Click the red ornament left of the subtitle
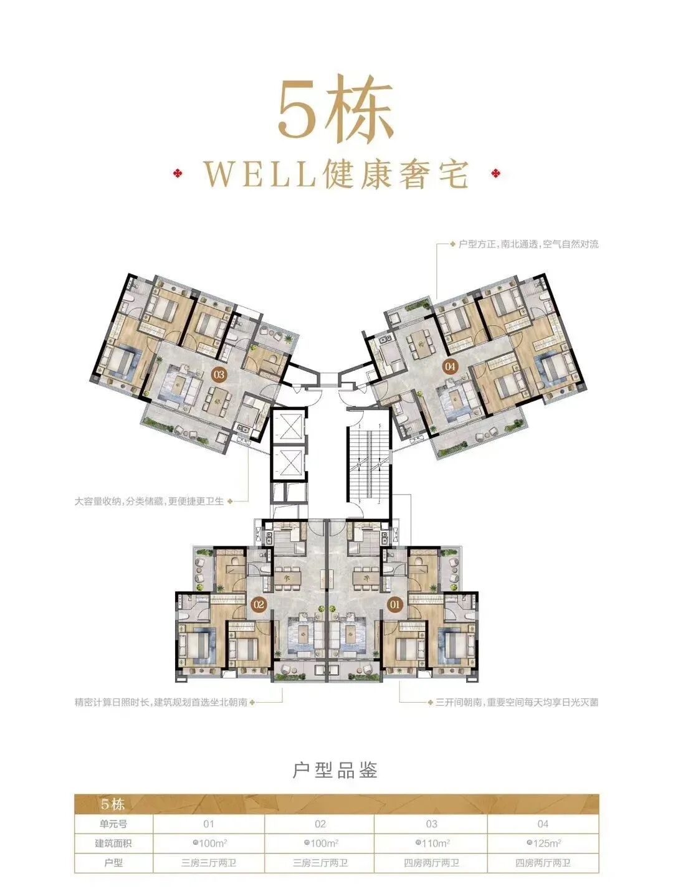point(179,173)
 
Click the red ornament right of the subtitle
point(497,173)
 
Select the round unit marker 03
point(219,375)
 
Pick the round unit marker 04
point(451,366)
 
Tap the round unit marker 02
point(259,604)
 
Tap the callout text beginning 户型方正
point(528,244)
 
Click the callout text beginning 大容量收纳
point(149,501)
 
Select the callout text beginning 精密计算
point(161,702)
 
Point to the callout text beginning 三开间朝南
point(512,702)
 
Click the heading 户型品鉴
point(335,771)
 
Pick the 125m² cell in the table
point(543,844)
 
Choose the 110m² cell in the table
point(431,844)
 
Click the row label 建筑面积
point(113,844)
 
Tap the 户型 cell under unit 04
point(543,863)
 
